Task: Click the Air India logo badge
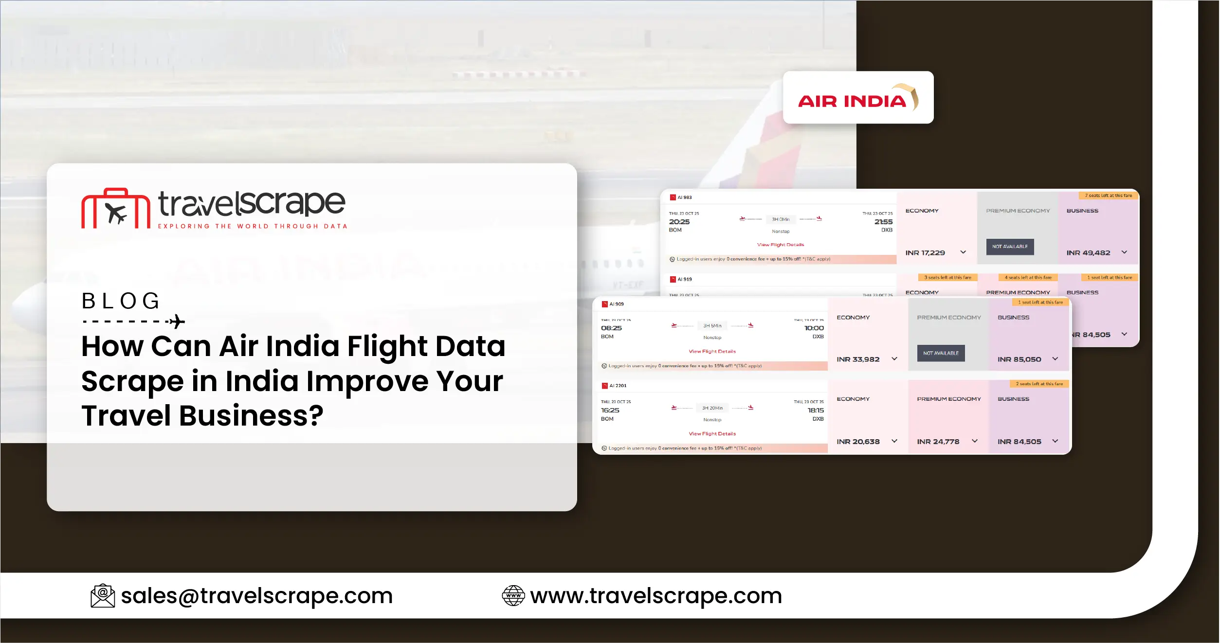(x=857, y=98)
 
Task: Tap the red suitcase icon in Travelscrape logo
(x=116, y=209)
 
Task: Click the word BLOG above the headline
(x=120, y=301)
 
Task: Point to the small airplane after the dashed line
(x=177, y=321)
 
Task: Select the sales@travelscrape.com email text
(x=256, y=596)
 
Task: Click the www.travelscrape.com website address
(x=656, y=596)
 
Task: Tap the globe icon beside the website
(x=513, y=596)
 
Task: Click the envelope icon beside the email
(x=103, y=596)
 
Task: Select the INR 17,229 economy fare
(x=925, y=253)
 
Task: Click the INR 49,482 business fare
(x=1088, y=253)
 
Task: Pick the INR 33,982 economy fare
(x=858, y=359)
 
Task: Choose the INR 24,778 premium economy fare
(x=938, y=442)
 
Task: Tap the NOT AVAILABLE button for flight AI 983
(x=1010, y=247)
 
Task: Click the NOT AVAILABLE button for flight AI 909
(x=941, y=353)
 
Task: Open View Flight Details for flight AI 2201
(x=712, y=434)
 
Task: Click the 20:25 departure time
(x=679, y=222)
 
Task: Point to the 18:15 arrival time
(x=816, y=411)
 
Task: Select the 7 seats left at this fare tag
(x=1108, y=196)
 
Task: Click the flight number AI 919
(x=684, y=279)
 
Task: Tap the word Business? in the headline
(x=251, y=416)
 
